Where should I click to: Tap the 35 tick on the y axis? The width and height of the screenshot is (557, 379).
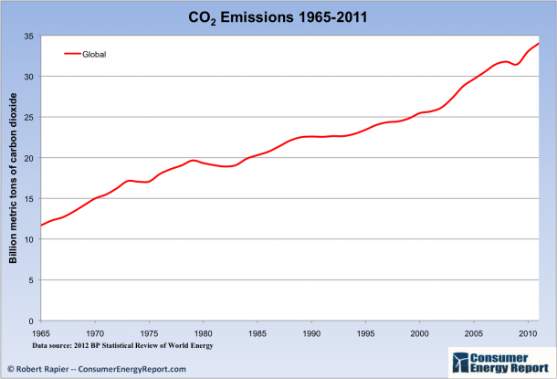point(29,36)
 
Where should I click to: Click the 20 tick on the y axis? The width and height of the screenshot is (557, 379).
point(29,158)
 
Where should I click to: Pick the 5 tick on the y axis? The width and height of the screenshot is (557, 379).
point(32,280)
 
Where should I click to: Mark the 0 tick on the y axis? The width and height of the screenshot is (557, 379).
point(32,321)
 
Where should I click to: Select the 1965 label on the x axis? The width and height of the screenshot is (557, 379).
point(40,333)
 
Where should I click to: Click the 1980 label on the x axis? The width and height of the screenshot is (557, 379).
point(203,333)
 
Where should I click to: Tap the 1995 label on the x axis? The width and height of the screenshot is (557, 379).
point(365,333)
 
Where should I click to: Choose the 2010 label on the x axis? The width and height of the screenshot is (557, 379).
point(528,333)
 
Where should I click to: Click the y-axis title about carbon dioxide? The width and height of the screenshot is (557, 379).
point(14,178)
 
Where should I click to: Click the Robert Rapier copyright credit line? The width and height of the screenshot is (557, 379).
point(97,369)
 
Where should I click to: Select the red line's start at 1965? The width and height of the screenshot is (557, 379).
point(40,226)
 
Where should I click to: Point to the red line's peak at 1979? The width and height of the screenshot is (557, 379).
point(192,161)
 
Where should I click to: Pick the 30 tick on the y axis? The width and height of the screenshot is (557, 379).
point(29,77)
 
